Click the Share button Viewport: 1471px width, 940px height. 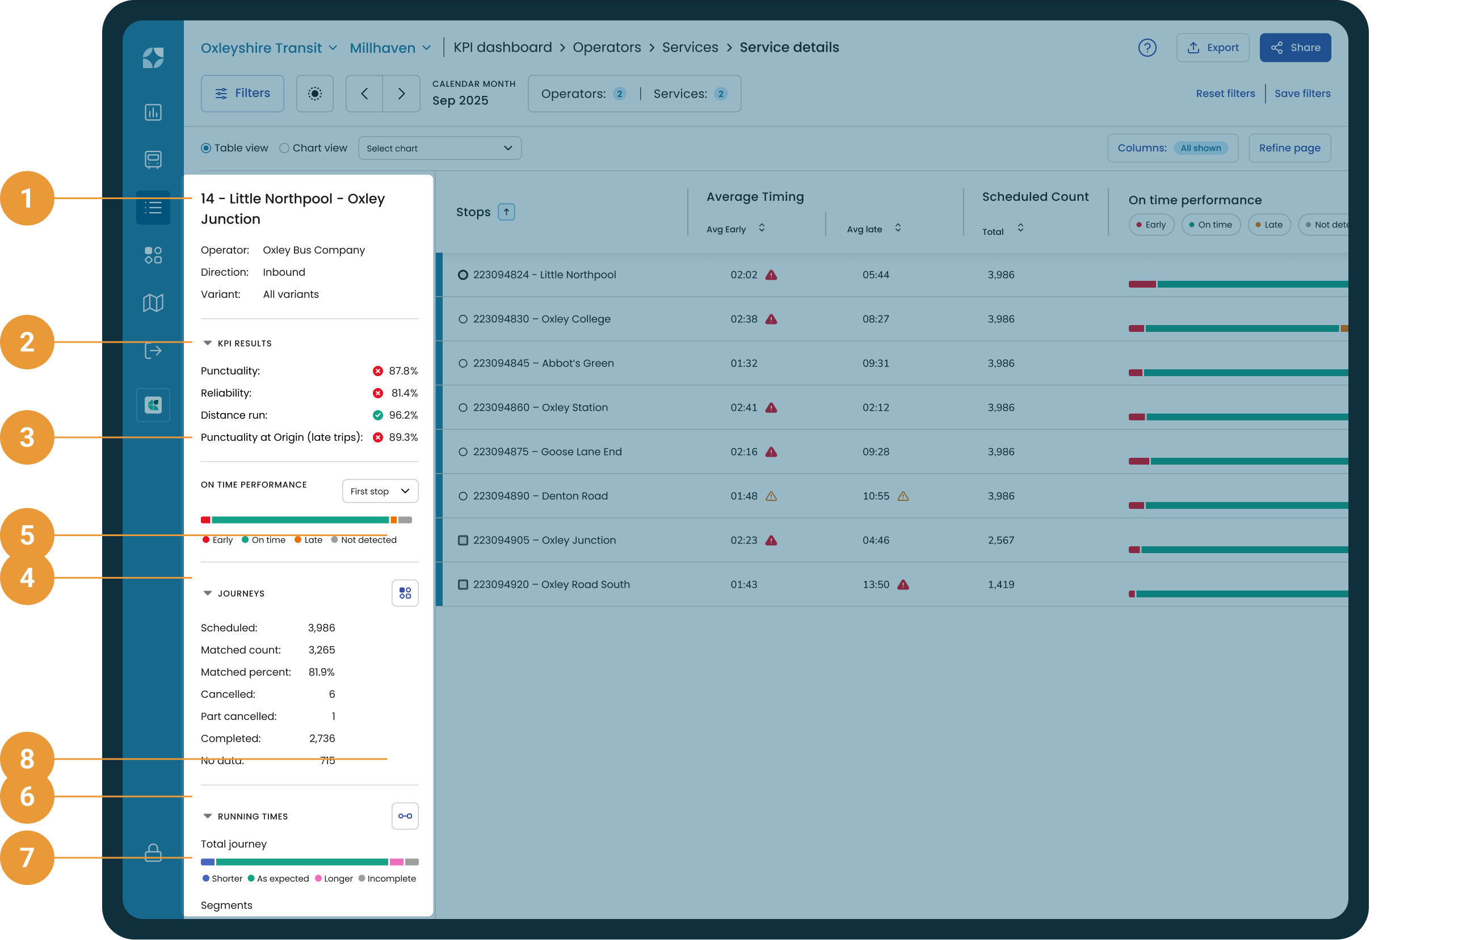[1295, 48]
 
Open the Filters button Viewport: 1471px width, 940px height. [242, 94]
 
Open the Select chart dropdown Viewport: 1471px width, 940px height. [439, 149]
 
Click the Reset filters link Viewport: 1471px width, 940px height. [1225, 94]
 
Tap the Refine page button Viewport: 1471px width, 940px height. [1289, 148]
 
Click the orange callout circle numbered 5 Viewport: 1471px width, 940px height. [27, 535]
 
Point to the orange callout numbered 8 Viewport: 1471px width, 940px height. [27, 758]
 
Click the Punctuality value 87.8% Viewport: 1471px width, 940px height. [403, 371]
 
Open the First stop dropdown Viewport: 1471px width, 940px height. [380, 491]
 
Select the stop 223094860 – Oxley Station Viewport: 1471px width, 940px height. [540, 407]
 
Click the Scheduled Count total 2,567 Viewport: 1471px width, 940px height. [1001, 540]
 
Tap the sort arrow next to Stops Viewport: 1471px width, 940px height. [506, 212]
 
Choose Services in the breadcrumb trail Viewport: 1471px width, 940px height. [690, 47]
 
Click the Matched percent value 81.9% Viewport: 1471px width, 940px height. [321, 672]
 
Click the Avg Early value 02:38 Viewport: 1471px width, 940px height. [743, 319]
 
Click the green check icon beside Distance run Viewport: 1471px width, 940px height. [377, 415]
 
